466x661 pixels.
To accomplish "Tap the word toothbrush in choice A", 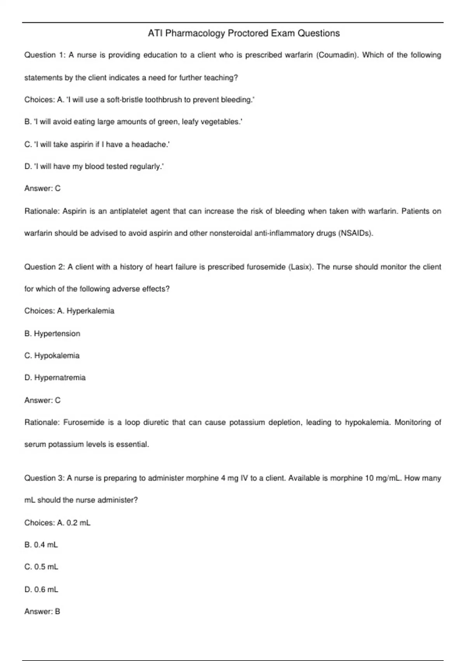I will click(x=163, y=100).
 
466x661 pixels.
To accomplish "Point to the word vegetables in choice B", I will click(x=221, y=122).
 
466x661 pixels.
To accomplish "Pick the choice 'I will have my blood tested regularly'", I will click(x=94, y=167).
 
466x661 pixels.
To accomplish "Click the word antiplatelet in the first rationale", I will click(x=128, y=212).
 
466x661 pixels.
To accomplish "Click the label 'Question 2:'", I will click(x=44, y=267).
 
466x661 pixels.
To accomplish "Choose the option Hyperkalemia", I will click(x=90, y=311).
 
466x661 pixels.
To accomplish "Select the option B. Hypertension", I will click(x=52, y=334).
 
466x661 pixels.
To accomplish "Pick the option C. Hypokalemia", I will click(x=52, y=356).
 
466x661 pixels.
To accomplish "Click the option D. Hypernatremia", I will click(x=55, y=378).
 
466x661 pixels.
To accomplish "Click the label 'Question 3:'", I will click(x=44, y=478).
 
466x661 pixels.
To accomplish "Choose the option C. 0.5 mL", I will click(x=41, y=567).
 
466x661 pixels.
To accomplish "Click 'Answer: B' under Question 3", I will click(x=42, y=612).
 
